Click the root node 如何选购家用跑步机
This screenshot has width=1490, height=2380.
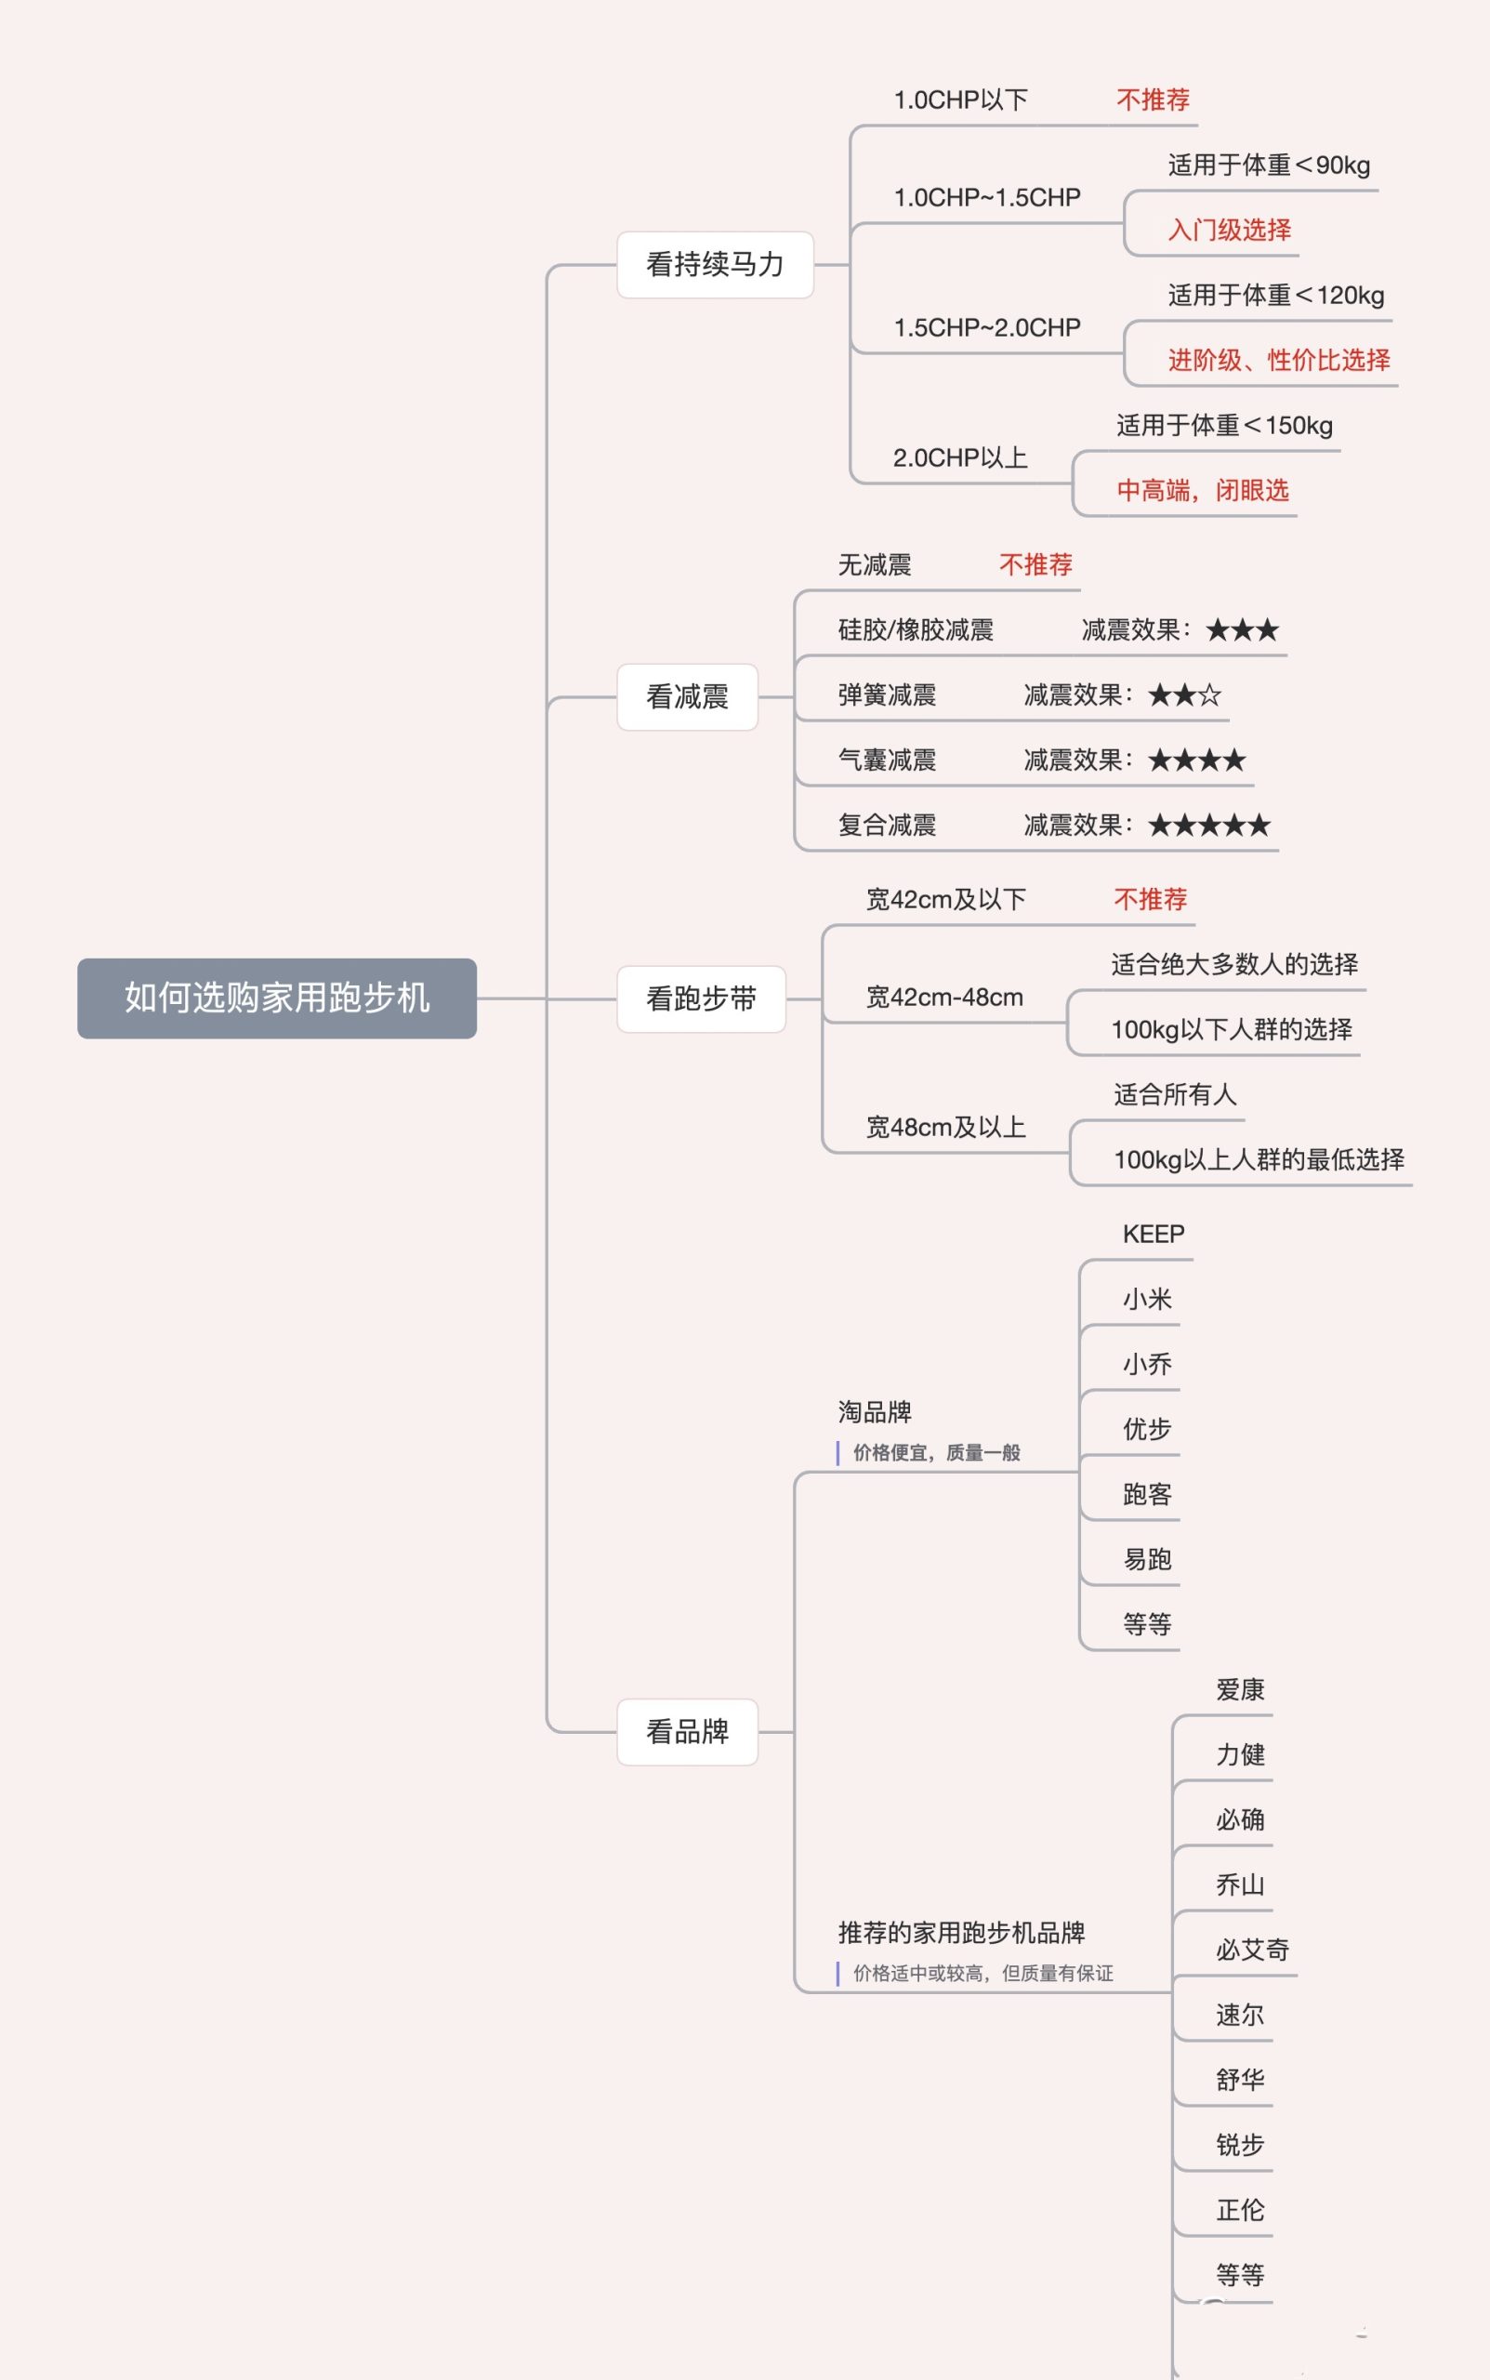pyautogui.click(x=277, y=998)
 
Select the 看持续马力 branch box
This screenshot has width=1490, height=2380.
pyautogui.click(x=715, y=264)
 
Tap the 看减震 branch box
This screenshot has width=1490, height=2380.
pyautogui.click(x=687, y=696)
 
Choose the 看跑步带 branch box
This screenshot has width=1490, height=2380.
pyautogui.click(x=701, y=998)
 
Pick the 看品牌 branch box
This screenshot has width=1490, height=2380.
pyautogui.click(x=687, y=1731)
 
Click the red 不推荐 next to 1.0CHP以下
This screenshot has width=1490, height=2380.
pyautogui.click(x=1153, y=99)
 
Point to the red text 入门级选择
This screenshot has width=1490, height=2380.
pyautogui.click(x=1229, y=230)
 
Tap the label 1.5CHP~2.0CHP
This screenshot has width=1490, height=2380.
pyautogui.click(x=986, y=327)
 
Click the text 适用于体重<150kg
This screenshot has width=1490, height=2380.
pyautogui.click(x=1224, y=425)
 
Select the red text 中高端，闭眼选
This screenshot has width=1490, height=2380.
pyautogui.click(x=1202, y=490)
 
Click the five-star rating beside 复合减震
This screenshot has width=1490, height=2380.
pyautogui.click(x=1209, y=825)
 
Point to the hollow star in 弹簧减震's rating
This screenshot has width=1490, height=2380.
pyautogui.click(x=1210, y=695)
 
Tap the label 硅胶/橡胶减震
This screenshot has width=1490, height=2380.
pyautogui.click(x=916, y=629)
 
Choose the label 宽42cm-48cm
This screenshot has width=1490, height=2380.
pyautogui.click(x=944, y=998)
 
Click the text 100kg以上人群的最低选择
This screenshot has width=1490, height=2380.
pyautogui.click(x=1259, y=1159)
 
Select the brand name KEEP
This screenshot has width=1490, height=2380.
pyautogui.click(x=1153, y=1234)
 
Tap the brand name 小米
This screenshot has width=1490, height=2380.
pyautogui.click(x=1147, y=1299)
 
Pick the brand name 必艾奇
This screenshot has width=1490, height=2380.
pyautogui.click(x=1251, y=1950)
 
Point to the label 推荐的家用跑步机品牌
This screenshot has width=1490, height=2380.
pyautogui.click(x=961, y=1933)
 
